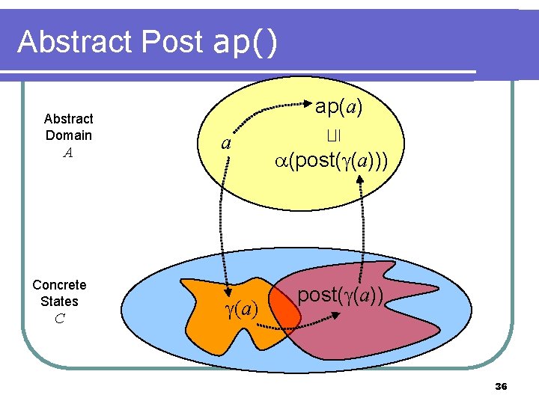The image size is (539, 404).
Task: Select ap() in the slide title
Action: (x=246, y=43)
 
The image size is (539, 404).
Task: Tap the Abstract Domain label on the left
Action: (x=68, y=127)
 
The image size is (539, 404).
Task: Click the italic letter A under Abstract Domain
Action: (x=68, y=153)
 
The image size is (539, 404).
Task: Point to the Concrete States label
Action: (x=59, y=293)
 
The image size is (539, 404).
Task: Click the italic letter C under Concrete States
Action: (x=59, y=319)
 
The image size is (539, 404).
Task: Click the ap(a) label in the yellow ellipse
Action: (x=338, y=107)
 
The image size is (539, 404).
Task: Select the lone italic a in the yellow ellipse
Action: (x=225, y=143)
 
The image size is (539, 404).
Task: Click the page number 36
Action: (x=501, y=386)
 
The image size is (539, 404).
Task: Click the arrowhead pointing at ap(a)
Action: (x=307, y=107)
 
